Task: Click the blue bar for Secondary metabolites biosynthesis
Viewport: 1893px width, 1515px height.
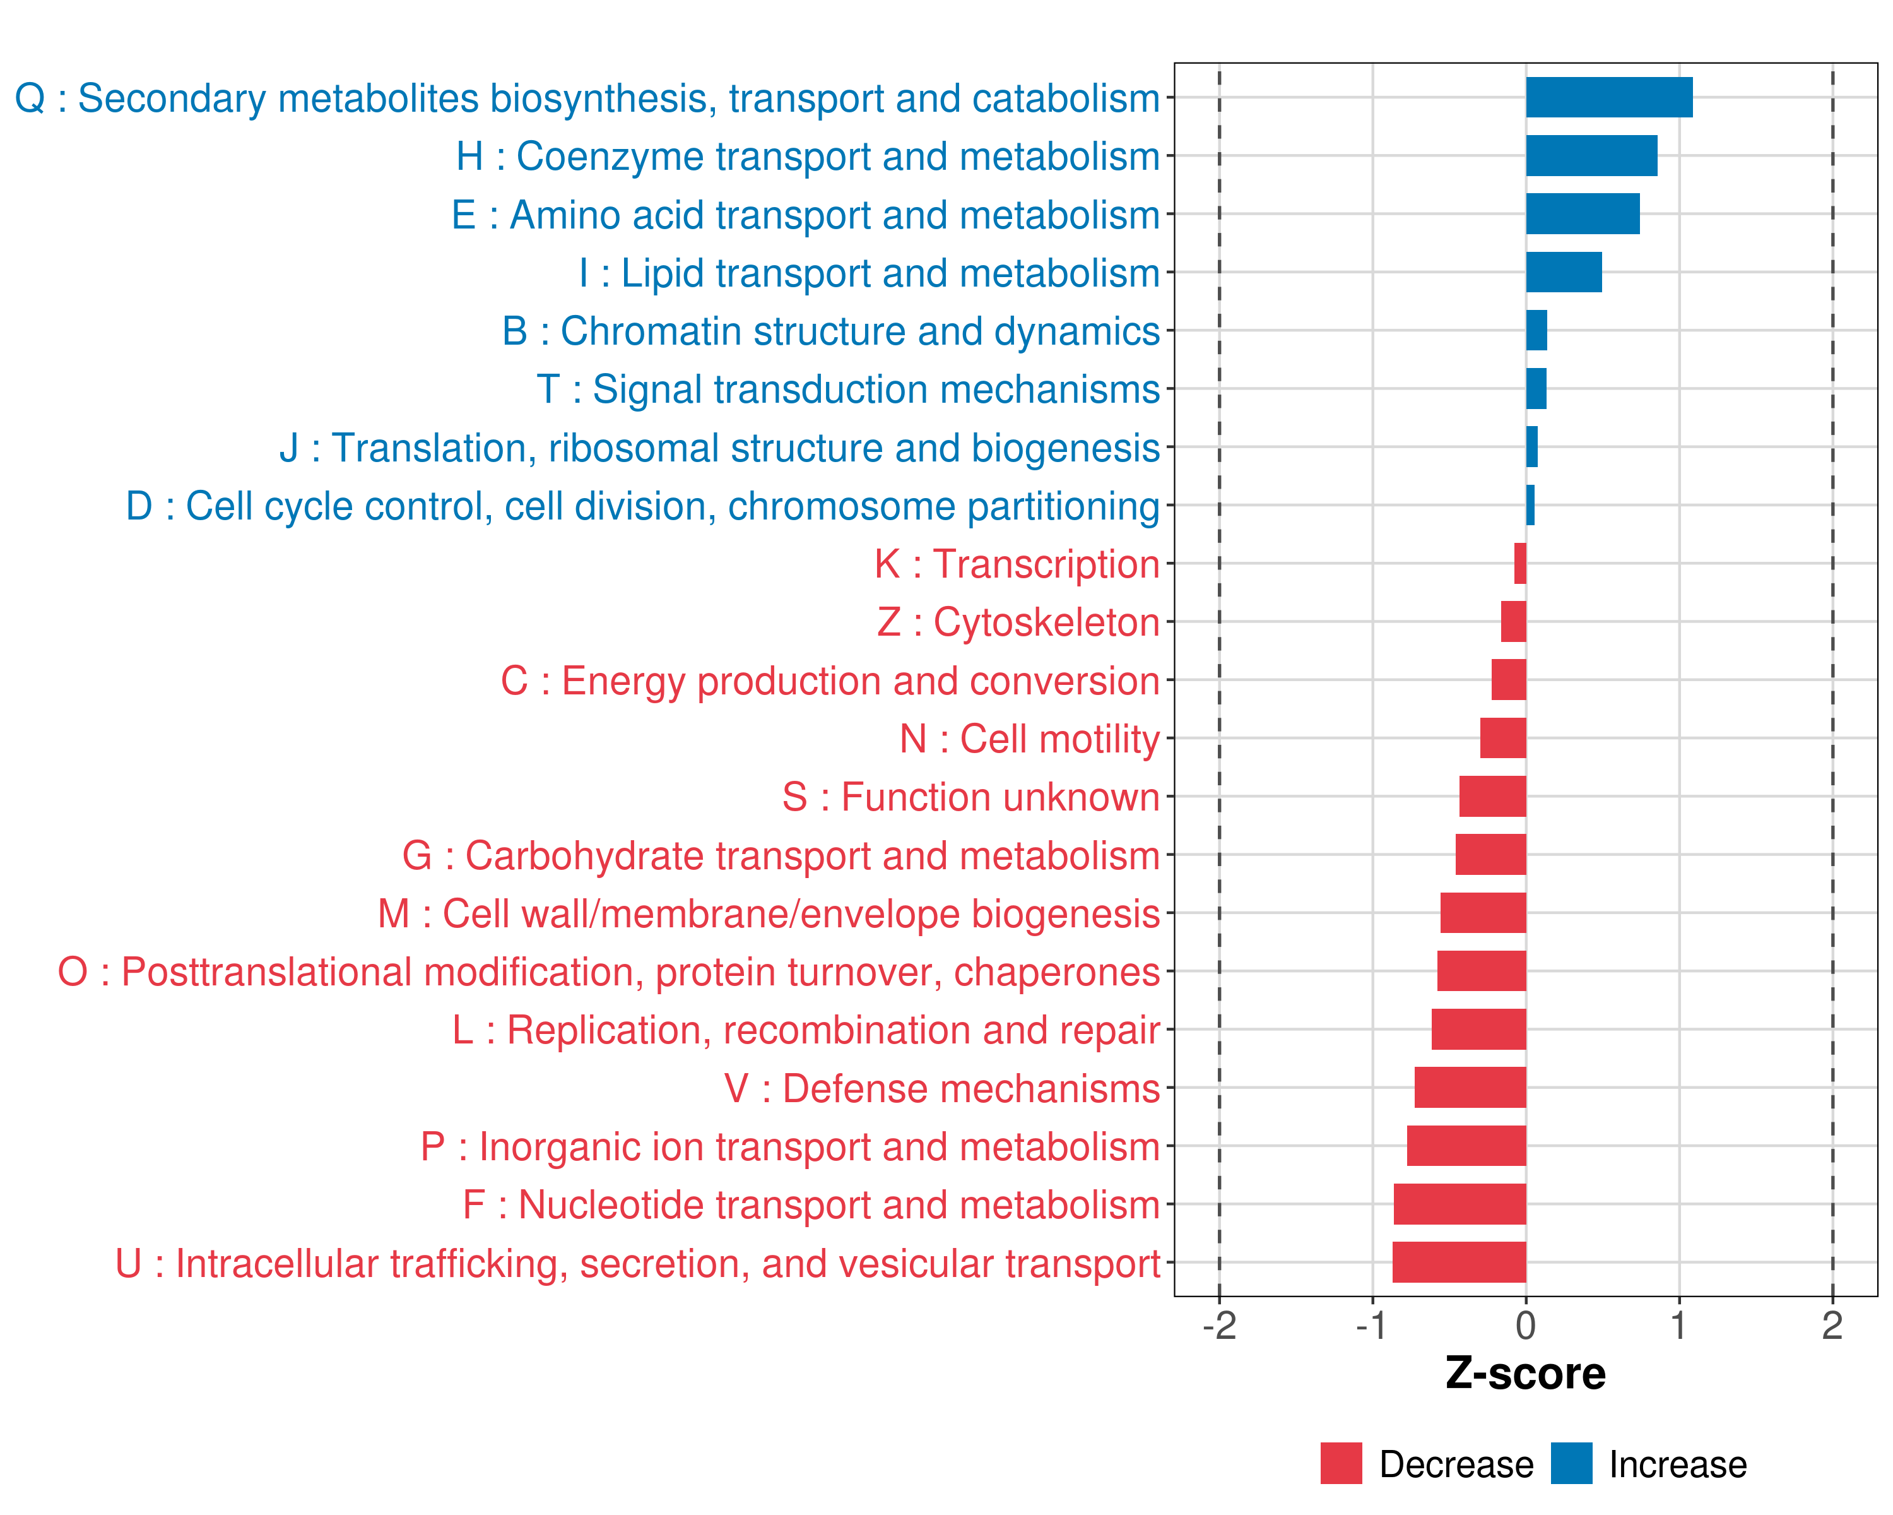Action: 1608,97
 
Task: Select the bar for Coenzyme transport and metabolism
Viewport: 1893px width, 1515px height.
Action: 1591,155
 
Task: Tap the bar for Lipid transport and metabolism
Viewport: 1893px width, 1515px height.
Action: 1563,272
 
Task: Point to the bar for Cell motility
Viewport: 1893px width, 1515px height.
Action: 1502,738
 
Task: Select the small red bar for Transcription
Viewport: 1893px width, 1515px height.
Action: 1520,563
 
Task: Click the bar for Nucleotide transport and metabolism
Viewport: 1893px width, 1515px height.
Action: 1460,1204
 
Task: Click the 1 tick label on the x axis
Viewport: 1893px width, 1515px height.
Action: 1678,1325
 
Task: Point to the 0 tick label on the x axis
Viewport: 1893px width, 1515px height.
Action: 1526,1325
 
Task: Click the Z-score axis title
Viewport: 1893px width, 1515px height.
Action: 1525,1374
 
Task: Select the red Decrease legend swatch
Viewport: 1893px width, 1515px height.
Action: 1341,1463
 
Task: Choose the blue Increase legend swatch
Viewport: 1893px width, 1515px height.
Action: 1571,1463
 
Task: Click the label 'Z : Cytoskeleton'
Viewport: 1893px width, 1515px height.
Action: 1018,622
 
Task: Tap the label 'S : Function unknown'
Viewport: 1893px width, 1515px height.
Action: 970,797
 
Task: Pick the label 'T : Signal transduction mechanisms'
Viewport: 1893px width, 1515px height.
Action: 848,389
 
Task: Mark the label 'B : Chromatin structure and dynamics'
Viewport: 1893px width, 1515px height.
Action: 830,331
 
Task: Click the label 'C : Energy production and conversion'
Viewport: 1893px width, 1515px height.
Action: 830,680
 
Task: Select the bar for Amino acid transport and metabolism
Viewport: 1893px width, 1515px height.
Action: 1582,214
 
